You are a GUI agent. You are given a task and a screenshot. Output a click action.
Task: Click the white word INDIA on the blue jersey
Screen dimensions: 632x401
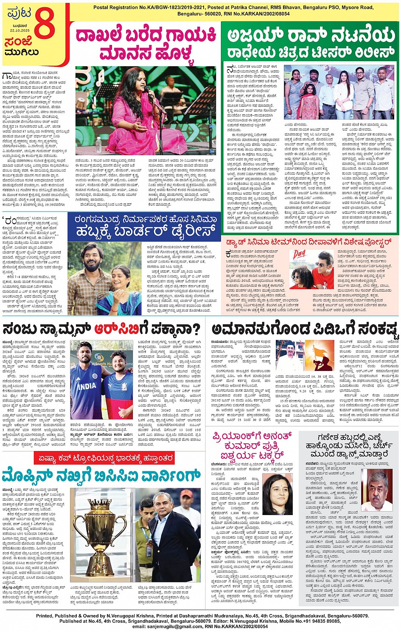pos(87,386)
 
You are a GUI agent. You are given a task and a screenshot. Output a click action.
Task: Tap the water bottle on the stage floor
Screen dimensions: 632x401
pos(99,144)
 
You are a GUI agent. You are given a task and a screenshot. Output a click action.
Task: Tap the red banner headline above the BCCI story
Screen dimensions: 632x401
pos(105,458)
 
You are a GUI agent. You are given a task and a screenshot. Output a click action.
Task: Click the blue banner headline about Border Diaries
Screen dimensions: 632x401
pos(144,226)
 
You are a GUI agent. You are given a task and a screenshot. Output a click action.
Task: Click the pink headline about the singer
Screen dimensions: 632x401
pos(146,44)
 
